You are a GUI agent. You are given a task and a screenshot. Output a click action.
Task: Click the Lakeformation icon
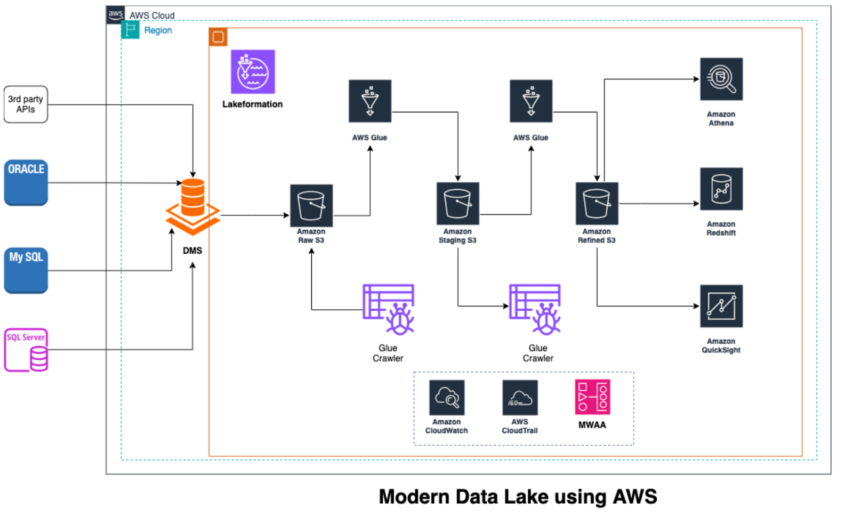tap(253, 72)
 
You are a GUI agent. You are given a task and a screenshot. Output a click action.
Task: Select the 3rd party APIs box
tap(26, 104)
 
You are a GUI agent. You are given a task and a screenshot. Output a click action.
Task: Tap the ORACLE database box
tap(26, 182)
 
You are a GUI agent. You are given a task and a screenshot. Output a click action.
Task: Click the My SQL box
tap(26, 270)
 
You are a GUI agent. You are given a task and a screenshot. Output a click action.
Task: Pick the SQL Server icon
tap(26, 350)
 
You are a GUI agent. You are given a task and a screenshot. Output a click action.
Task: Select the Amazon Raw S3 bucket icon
tap(311, 206)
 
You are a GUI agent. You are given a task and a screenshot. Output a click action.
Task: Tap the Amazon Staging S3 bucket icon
tap(457, 204)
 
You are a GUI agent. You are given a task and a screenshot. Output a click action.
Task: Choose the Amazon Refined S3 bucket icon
tap(597, 204)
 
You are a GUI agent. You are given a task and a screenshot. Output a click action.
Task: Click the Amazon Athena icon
tap(721, 79)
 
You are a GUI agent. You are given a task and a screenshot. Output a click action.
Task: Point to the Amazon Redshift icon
tap(721, 189)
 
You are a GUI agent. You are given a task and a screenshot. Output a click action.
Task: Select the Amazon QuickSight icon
tap(721, 306)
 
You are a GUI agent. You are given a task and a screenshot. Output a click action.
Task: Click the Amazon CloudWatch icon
tap(447, 398)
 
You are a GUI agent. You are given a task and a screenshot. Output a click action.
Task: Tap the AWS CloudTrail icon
tap(520, 398)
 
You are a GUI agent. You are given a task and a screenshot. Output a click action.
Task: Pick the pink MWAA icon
tap(592, 397)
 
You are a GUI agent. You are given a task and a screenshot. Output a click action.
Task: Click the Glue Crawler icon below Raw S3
tap(389, 309)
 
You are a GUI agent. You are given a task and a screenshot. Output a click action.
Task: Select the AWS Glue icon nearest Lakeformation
tap(370, 101)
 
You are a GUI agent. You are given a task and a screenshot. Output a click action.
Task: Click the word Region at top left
tap(158, 30)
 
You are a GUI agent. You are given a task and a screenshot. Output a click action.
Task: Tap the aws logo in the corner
tap(115, 14)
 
